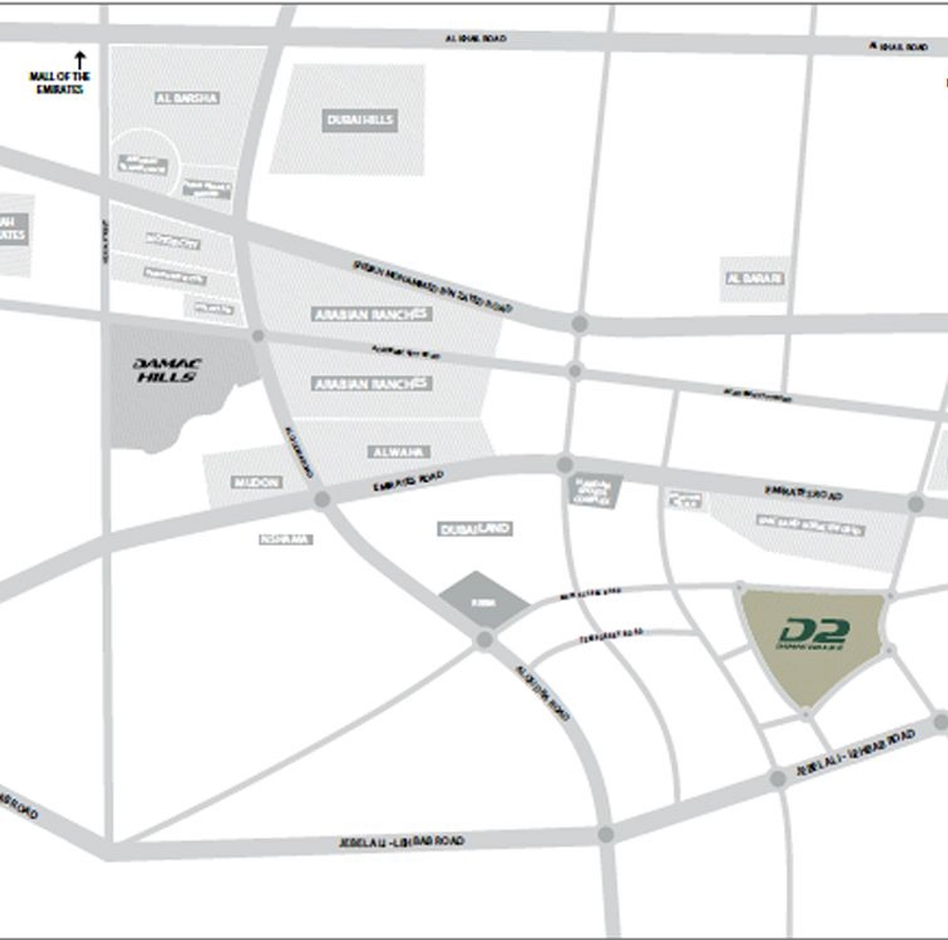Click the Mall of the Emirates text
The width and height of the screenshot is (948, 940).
59,82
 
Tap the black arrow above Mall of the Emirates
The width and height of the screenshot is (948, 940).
80,59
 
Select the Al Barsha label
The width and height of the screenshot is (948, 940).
187,98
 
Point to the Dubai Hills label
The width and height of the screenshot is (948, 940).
360,120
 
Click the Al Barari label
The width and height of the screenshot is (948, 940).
754,278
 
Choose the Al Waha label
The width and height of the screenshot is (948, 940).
399,452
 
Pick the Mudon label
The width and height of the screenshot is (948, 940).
257,483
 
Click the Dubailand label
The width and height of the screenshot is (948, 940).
475,529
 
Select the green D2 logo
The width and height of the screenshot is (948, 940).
812,634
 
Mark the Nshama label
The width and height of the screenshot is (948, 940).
285,540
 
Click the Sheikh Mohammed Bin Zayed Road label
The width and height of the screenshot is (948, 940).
432,286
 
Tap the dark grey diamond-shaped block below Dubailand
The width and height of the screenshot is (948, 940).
483,601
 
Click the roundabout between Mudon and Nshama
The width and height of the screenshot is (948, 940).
322,500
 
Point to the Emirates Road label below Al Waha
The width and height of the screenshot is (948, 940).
408,482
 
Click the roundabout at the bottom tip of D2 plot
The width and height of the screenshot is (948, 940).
806,714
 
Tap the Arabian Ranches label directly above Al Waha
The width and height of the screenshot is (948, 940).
372,384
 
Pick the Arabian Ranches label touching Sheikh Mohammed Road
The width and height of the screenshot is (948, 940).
372,314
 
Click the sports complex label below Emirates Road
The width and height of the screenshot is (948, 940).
595,491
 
